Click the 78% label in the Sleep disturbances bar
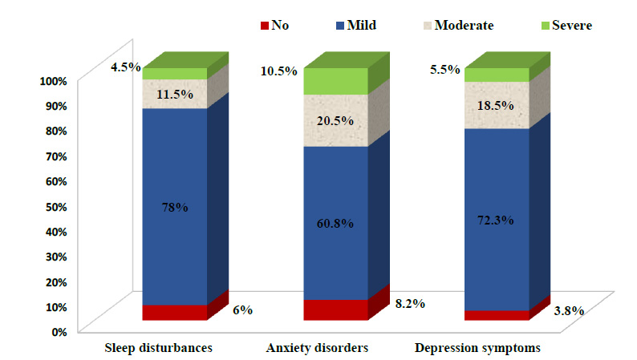pos(174,207)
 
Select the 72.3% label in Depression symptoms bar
pos(497,219)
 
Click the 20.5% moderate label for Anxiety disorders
pos(336,120)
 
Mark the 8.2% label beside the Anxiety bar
pos(409,304)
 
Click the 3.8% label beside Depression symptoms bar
pos(570,310)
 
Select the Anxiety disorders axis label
pos(317,348)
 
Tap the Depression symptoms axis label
pos(477,348)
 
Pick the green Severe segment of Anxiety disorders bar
pos(336,82)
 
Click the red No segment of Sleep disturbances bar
pos(174,313)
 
